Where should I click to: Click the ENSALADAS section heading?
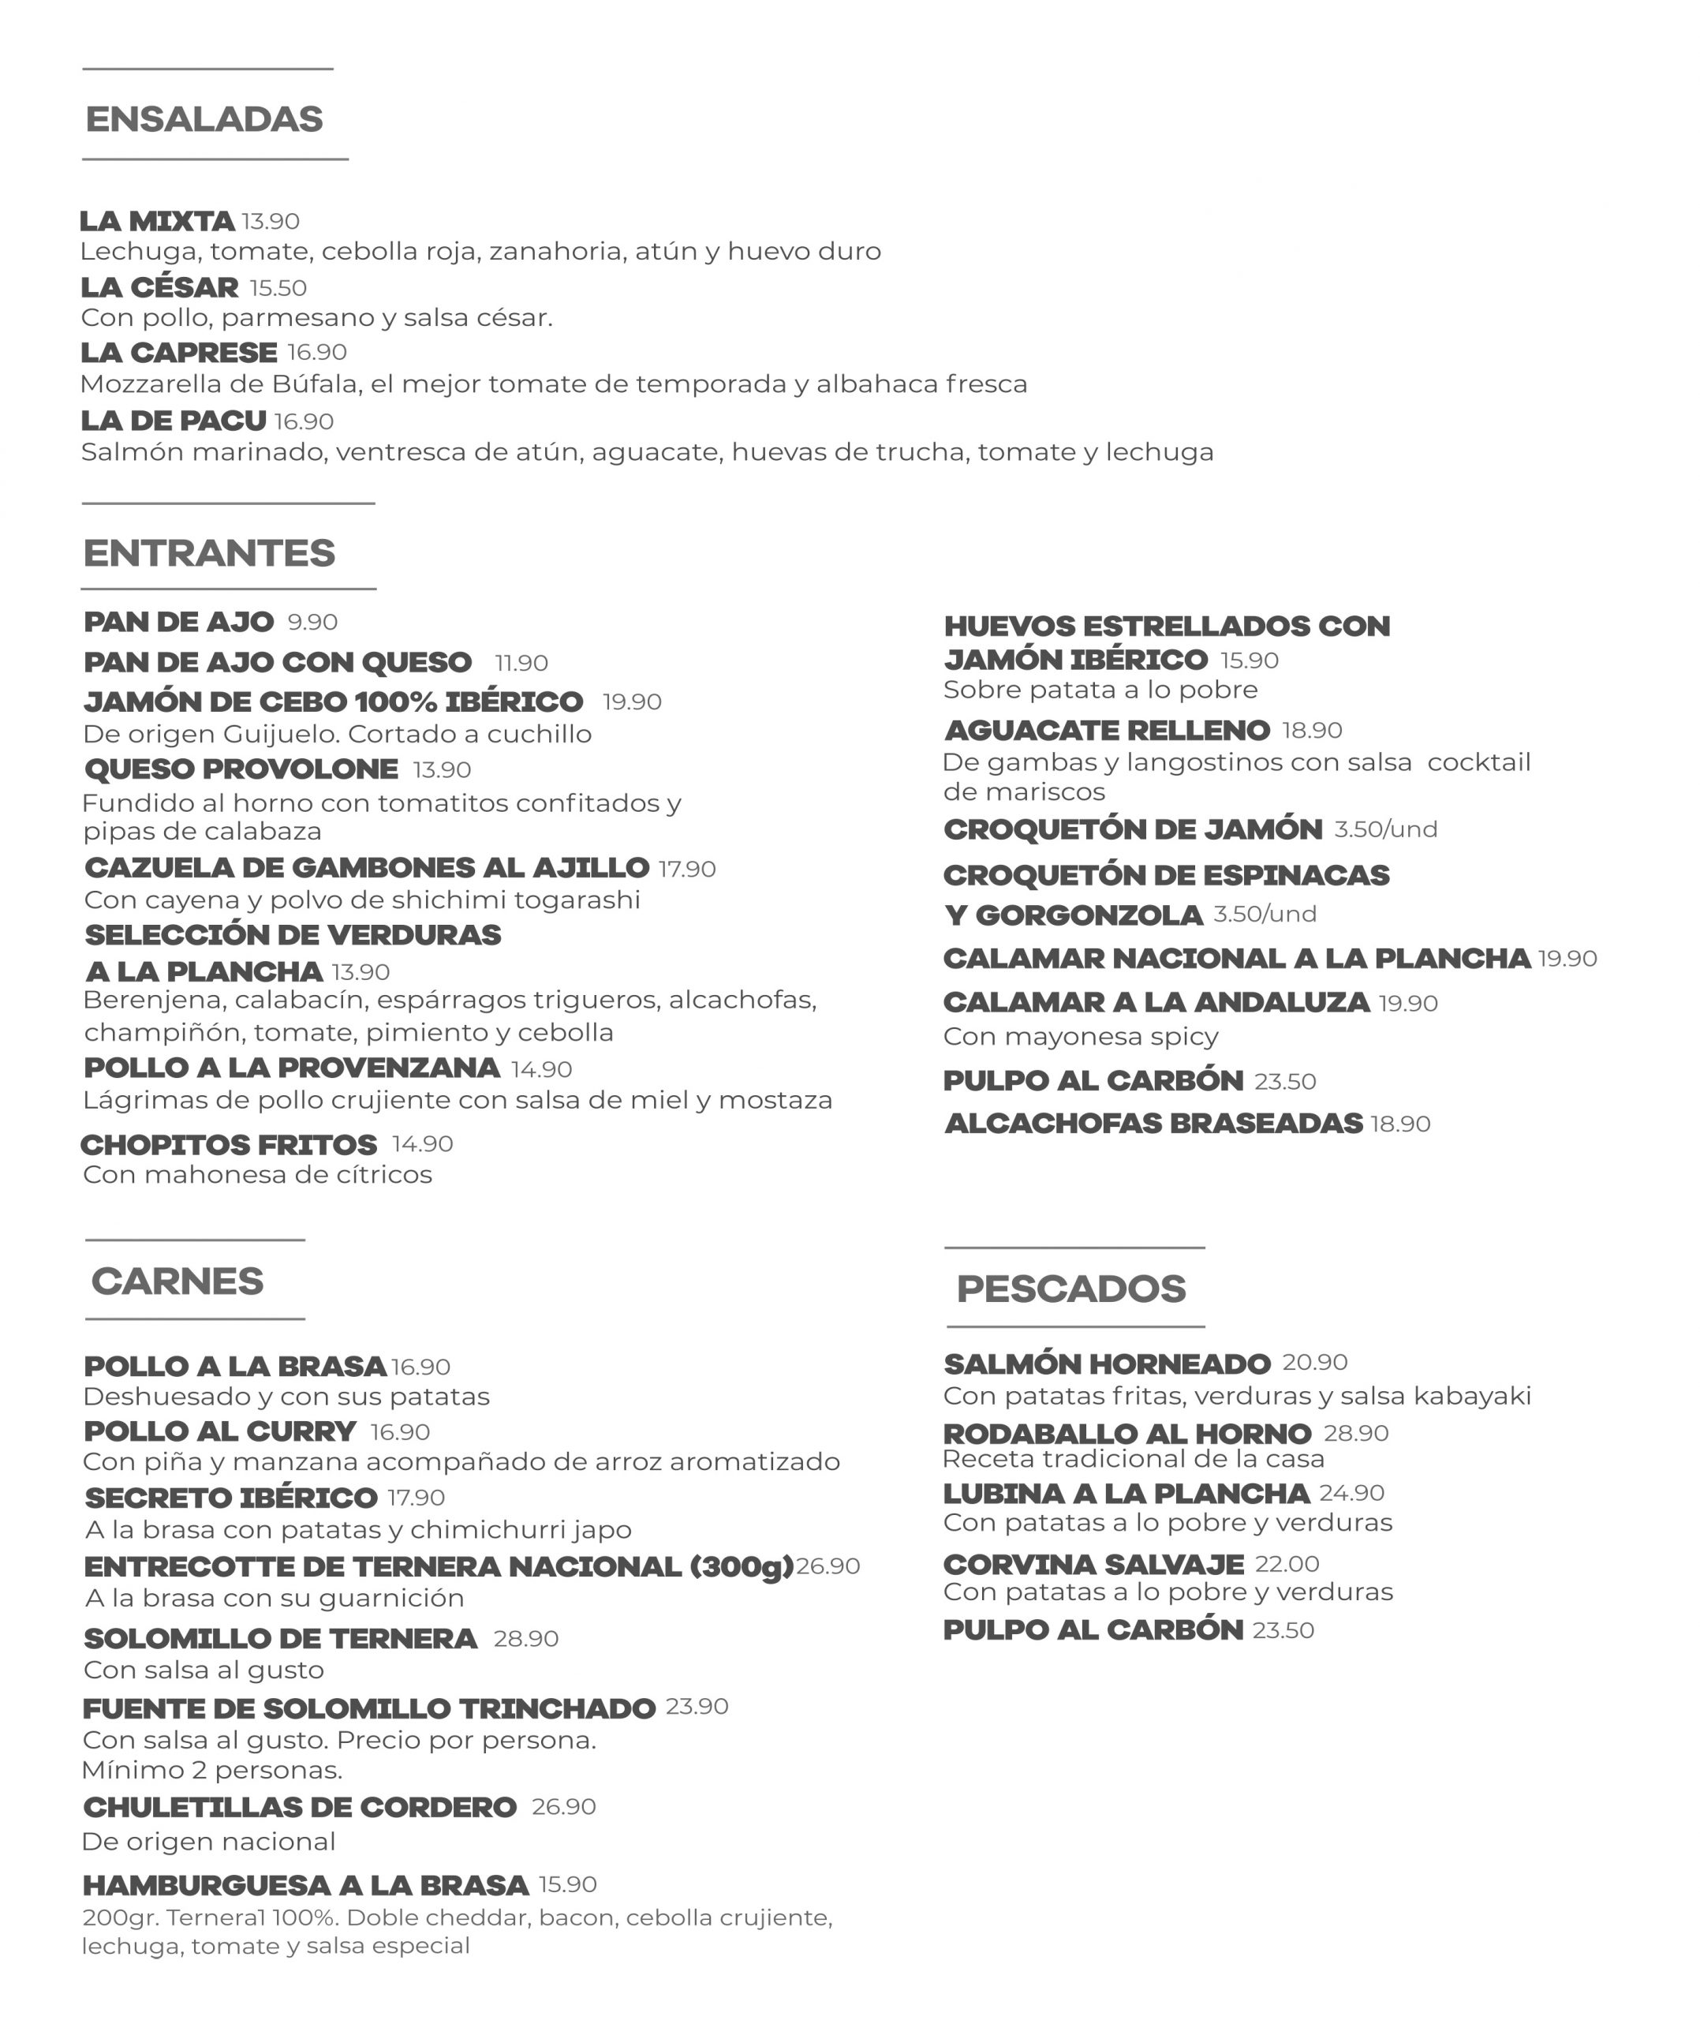click(204, 119)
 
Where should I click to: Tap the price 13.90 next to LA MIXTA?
click(271, 222)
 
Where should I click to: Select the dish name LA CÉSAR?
click(159, 287)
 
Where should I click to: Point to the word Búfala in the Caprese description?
click(314, 384)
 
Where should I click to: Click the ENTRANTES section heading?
click(209, 553)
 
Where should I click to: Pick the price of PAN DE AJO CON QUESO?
click(521, 663)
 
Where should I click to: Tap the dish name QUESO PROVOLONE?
click(241, 769)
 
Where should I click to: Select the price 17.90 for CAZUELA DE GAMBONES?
click(687, 870)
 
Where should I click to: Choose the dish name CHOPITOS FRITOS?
click(229, 1145)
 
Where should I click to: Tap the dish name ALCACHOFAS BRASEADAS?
click(1153, 1124)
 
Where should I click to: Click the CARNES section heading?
click(177, 1281)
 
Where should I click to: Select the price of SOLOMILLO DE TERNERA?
click(526, 1638)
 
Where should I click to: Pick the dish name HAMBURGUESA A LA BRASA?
click(305, 1885)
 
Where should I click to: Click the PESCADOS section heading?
click(1070, 1289)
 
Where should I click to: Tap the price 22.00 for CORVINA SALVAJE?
click(1287, 1564)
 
